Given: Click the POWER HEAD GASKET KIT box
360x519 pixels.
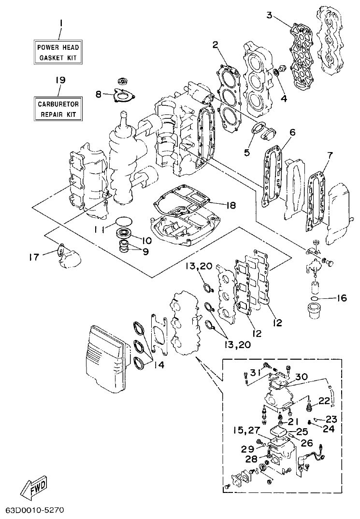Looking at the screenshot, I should (58, 53).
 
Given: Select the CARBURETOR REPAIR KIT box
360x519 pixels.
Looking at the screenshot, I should (58, 109).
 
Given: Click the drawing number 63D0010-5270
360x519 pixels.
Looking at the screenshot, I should (35, 510).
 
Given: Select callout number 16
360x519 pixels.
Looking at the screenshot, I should (341, 298).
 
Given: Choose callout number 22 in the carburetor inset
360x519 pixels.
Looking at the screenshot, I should (324, 401).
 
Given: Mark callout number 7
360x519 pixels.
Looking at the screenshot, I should (330, 155).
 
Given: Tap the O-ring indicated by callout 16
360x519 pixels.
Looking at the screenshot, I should (315, 299).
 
